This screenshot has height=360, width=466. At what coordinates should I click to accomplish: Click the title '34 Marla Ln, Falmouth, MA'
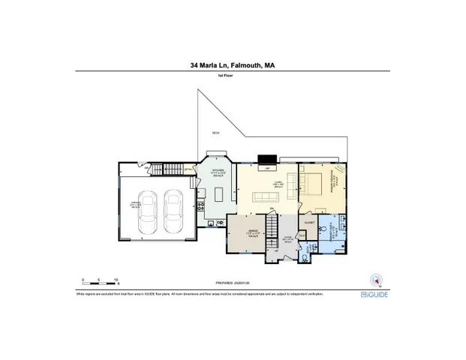click(x=233, y=65)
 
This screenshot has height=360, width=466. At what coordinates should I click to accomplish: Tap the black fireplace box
click(x=266, y=159)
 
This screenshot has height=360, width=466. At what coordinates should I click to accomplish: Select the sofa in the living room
click(x=266, y=196)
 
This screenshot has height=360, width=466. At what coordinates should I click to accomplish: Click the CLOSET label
click(x=309, y=223)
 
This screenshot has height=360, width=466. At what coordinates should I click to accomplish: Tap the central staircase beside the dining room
click(x=276, y=227)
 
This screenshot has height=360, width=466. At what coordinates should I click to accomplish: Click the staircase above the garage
click(x=173, y=168)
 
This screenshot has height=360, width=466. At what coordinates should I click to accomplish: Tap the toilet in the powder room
click(x=305, y=256)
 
